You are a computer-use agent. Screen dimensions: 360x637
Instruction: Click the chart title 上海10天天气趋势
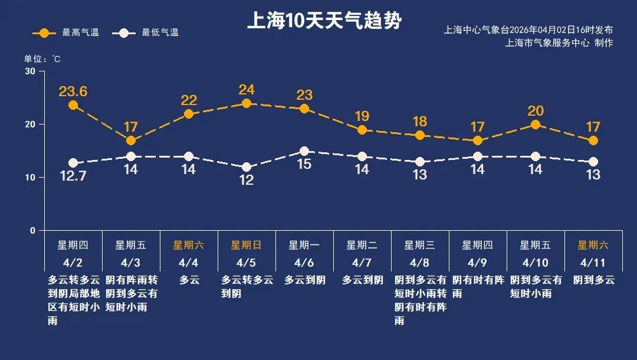click(324, 21)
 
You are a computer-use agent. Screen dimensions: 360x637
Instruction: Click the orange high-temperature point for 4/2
click(73, 105)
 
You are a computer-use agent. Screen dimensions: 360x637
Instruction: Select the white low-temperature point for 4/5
click(247, 167)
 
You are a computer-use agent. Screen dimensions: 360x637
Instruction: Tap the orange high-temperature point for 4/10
click(536, 125)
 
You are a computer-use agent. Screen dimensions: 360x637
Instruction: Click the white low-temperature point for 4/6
click(304, 151)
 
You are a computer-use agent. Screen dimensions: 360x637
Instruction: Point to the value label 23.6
click(73, 91)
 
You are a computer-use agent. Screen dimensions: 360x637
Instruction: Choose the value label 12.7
click(73, 176)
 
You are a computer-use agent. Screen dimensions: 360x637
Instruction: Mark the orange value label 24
click(247, 90)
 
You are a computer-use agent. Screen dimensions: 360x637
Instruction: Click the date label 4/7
click(362, 263)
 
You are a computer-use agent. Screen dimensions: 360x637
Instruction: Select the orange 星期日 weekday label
click(247, 245)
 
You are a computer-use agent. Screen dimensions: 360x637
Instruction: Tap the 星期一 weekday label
click(304, 245)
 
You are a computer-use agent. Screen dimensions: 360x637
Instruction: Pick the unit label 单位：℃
click(42, 59)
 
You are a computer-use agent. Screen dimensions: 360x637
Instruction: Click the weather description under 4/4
click(189, 280)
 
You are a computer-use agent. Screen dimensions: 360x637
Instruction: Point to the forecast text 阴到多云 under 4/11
click(593, 280)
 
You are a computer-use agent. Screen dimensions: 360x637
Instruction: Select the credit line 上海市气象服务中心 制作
click(559, 42)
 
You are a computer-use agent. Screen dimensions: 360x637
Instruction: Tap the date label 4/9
click(478, 263)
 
